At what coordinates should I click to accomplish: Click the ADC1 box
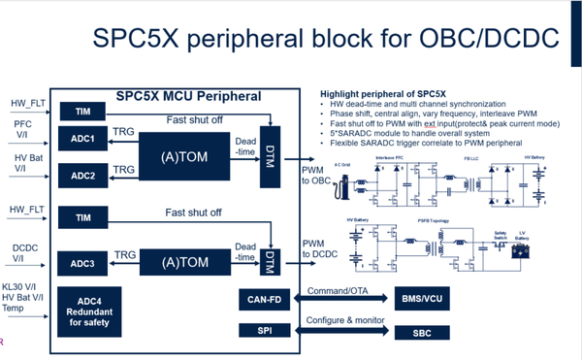[82, 139]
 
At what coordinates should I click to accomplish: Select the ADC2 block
[82, 176]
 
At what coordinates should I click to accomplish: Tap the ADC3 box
[82, 263]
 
